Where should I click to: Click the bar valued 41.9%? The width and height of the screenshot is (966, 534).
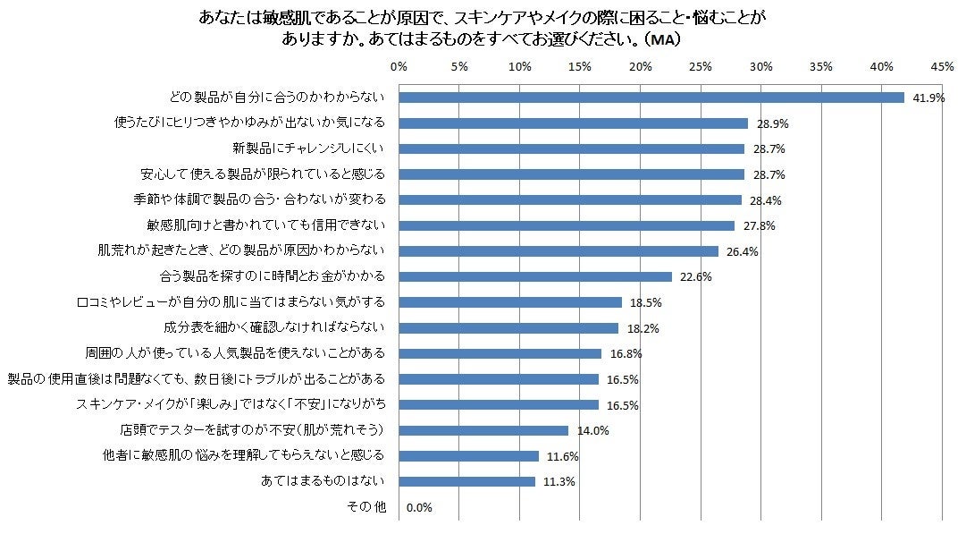click(651, 97)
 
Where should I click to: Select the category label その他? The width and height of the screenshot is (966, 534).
click(366, 507)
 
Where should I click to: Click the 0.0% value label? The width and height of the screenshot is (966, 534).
click(419, 508)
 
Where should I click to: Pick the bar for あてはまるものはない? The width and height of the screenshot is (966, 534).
click(466, 481)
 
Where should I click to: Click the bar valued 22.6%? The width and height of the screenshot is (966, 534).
click(534, 276)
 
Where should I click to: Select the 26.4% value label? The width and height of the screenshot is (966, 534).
click(742, 252)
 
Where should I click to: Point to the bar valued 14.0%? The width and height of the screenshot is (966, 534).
click(483, 430)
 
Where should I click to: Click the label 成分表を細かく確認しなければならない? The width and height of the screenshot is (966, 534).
click(274, 328)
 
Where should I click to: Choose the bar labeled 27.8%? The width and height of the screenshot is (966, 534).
click(566, 225)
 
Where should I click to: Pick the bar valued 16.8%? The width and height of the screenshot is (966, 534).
click(500, 353)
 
